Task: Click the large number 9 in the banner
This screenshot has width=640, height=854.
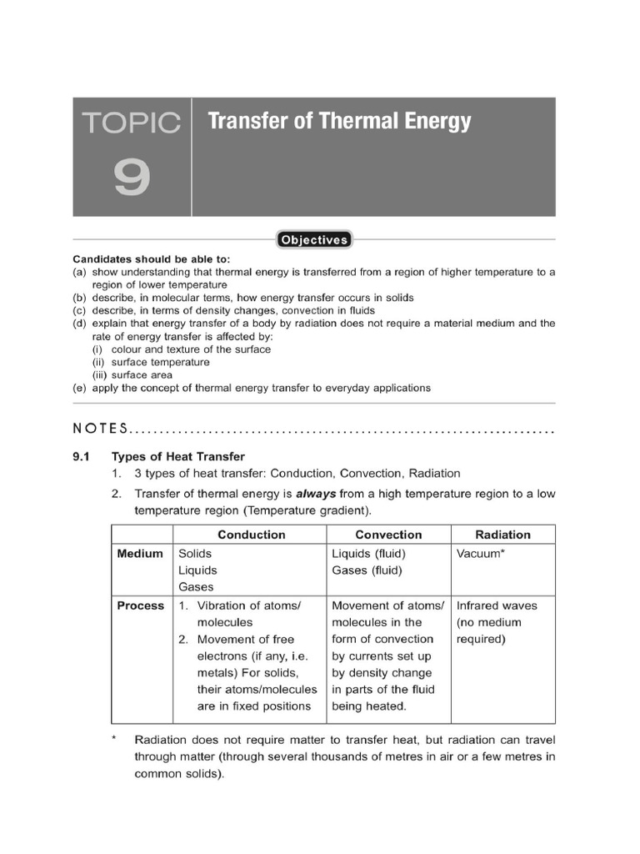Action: pyautogui.click(x=132, y=178)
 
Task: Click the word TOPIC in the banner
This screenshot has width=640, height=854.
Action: pyautogui.click(x=131, y=123)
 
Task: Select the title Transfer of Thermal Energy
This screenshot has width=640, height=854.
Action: pyautogui.click(x=338, y=122)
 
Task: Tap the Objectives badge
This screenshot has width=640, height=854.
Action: pyautogui.click(x=314, y=240)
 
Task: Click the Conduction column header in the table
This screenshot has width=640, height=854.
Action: pyautogui.click(x=251, y=535)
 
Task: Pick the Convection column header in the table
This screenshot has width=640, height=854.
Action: pyautogui.click(x=388, y=535)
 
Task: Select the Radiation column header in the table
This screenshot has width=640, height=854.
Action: pyautogui.click(x=502, y=535)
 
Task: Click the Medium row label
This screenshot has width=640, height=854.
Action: pyautogui.click(x=140, y=554)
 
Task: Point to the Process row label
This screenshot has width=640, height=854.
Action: pyautogui.click(x=141, y=605)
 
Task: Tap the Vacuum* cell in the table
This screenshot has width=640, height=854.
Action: pyautogui.click(x=481, y=554)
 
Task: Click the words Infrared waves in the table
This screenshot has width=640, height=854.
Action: pyautogui.click(x=497, y=605)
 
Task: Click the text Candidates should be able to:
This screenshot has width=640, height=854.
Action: pyautogui.click(x=152, y=259)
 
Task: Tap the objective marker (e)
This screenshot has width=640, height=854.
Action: pyautogui.click(x=80, y=388)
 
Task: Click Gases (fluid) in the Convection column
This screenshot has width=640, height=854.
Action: pyautogui.click(x=367, y=570)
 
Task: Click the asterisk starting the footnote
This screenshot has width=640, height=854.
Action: pyautogui.click(x=115, y=740)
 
